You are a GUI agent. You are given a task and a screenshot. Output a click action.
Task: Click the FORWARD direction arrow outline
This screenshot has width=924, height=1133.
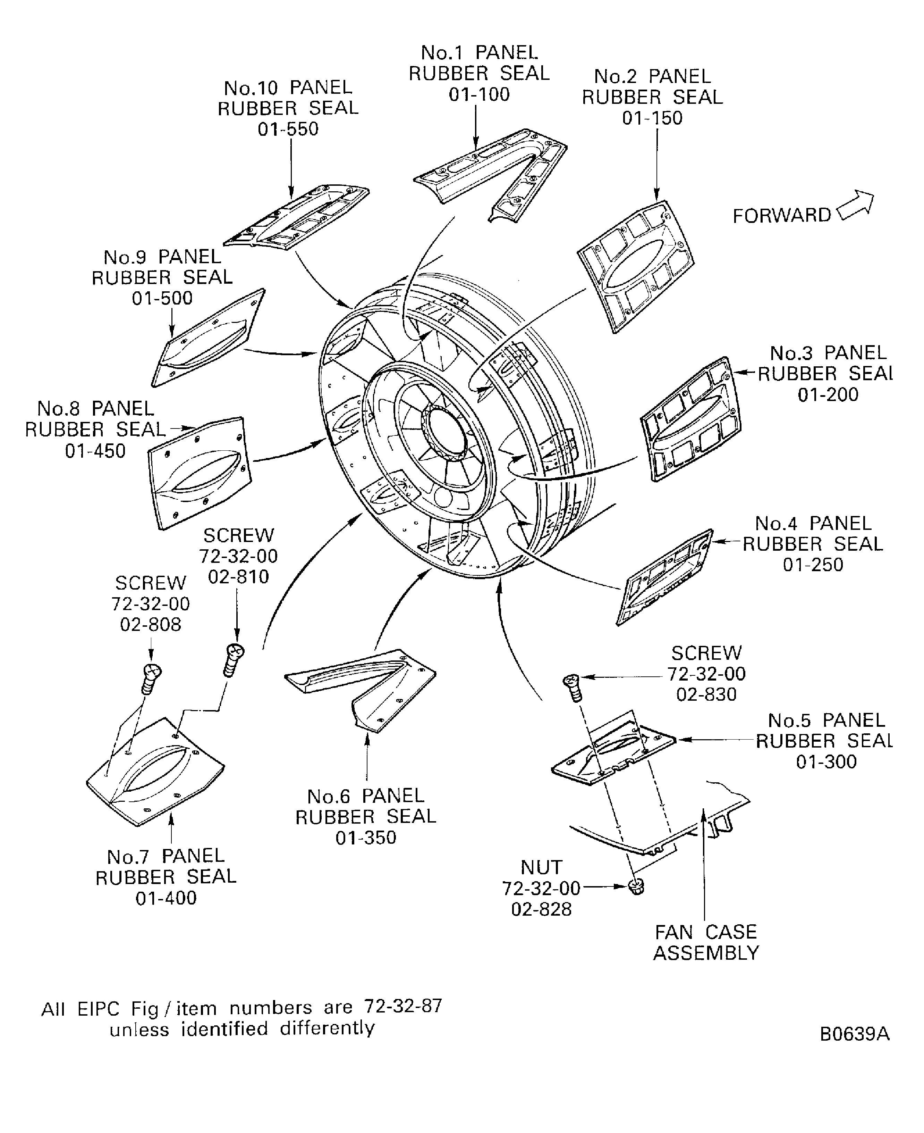pyautogui.click(x=855, y=206)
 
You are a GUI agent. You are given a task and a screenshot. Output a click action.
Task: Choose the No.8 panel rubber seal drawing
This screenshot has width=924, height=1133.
pyautogui.click(x=198, y=473)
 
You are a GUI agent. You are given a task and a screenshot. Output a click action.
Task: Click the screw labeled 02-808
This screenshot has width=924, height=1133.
pyautogui.click(x=151, y=678)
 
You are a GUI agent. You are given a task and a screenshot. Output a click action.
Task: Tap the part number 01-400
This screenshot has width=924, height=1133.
pyautogui.click(x=166, y=898)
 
